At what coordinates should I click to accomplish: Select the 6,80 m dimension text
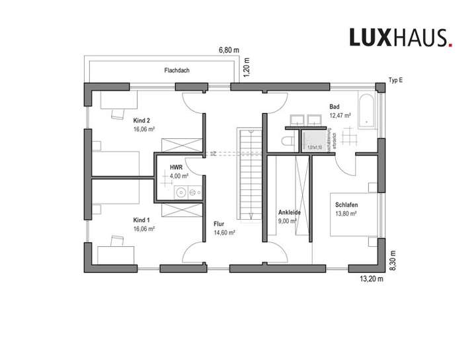point(229,50)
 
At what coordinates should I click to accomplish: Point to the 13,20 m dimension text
point(371,279)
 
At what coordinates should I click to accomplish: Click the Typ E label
point(395,81)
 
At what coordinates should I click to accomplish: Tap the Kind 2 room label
point(141,120)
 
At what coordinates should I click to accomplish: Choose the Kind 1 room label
point(141,219)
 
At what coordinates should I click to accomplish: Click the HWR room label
point(176,167)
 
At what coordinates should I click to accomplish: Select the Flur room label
point(219,224)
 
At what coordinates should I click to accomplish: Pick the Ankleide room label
point(290,212)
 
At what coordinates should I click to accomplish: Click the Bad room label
point(335,106)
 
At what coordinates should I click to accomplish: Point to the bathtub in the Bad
point(367,111)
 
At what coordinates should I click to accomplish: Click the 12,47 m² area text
point(340,115)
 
